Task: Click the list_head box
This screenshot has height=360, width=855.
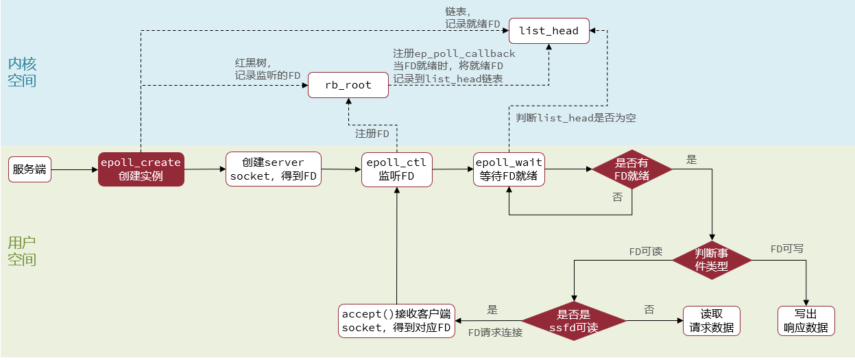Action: pyautogui.click(x=549, y=31)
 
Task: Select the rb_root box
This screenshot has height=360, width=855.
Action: pyautogui.click(x=348, y=85)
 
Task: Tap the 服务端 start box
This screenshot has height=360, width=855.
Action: pyautogui.click(x=29, y=169)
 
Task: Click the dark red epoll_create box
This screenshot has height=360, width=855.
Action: pyautogui.click(x=141, y=169)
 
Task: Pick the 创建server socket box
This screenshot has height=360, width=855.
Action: pyautogui.click(x=273, y=169)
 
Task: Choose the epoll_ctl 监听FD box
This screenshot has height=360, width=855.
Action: pyautogui.click(x=397, y=169)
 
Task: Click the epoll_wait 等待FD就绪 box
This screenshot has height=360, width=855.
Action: pyautogui.click(x=509, y=169)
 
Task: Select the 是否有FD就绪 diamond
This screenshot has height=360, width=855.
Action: pyautogui.click(x=631, y=169)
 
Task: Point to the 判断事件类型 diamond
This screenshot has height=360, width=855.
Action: pyautogui.click(x=712, y=260)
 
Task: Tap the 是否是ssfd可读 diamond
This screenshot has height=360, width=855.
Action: pyautogui.click(x=574, y=321)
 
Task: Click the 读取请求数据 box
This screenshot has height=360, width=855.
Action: pyautogui.click(x=712, y=321)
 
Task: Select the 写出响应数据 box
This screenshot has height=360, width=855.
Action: pyautogui.click(x=806, y=321)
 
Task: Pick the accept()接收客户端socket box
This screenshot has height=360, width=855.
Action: pyautogui.click(x=397, y=321)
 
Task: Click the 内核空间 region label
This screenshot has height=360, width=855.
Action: pyautogui.click(x=22, y=72)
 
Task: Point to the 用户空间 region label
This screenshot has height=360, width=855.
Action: pyautogui.click(x=22, y=251)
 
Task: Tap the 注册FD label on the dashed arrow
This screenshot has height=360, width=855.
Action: pyautogui.click(x=372, y=133)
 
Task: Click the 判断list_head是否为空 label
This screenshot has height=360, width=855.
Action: pyautogui.click(x=576, y=118)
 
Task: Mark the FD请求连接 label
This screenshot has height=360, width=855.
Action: pyautogui.click(x=495, y=333)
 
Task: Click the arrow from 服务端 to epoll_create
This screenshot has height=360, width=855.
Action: pyautogui.click(x=74, y=169)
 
